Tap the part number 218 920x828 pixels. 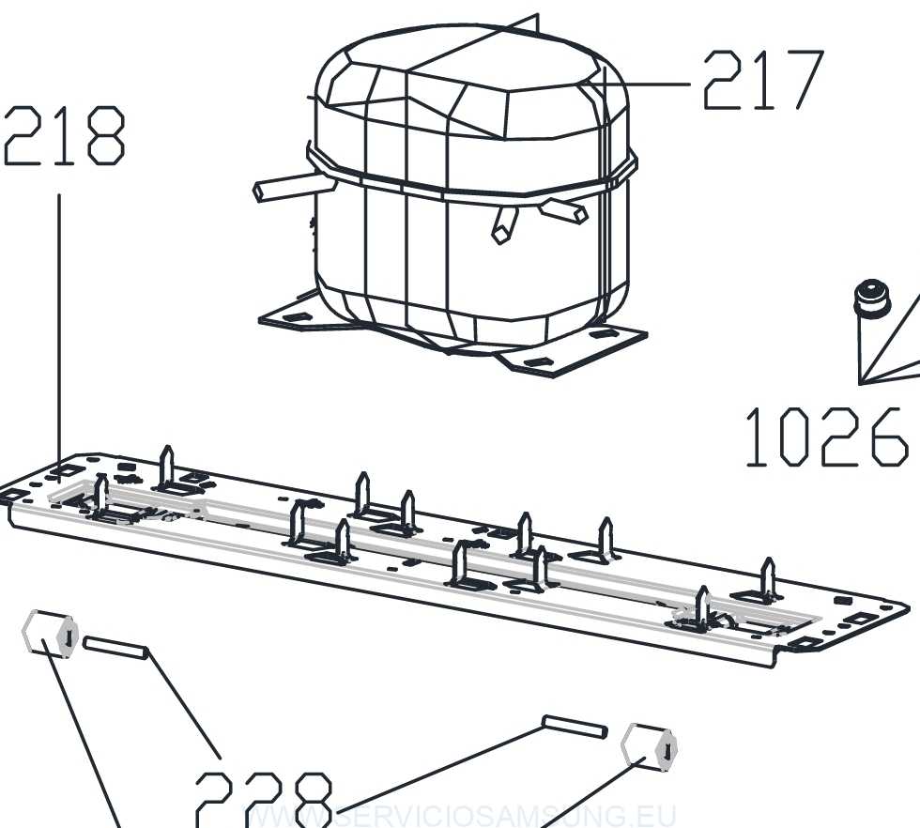coord(64,137)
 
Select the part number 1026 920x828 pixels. coord(825,437)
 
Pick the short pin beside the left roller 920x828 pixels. coord(115,648)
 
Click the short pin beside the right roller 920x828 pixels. coord(575,726)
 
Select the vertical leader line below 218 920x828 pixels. coord(60,329)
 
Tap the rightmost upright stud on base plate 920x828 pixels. coord(769,578)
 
